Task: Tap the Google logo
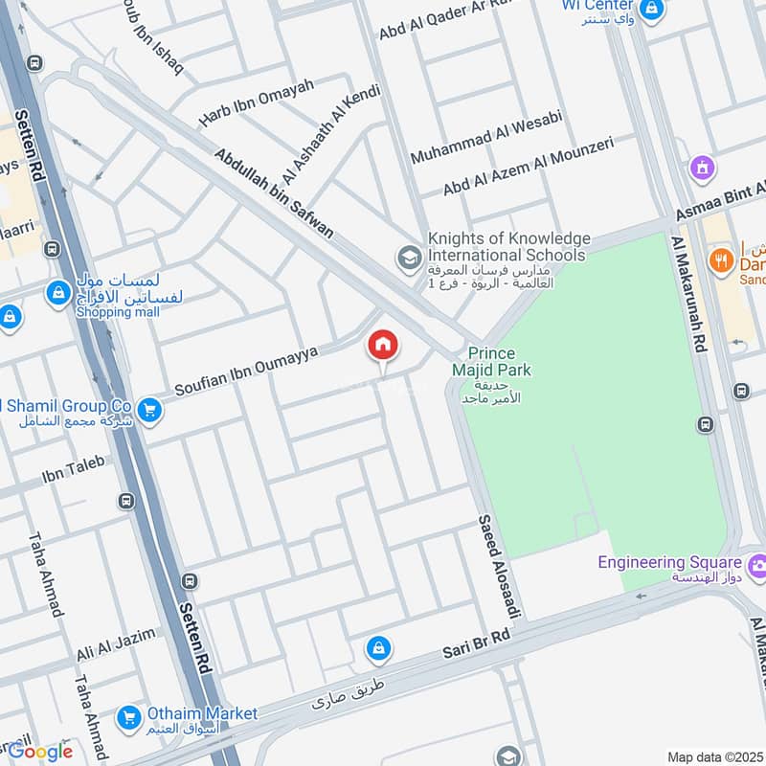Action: pos(40,750)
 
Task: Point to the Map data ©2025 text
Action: pos(714,756)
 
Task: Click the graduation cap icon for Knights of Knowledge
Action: pos(409,258)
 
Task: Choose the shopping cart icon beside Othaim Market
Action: pos(128,716)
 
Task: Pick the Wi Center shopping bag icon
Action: pos(652,11)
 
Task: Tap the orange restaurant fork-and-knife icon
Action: pos(720,259)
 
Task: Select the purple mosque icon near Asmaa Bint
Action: pos(704,169)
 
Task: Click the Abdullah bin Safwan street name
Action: pos(274,192)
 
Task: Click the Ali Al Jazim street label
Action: pos(116,647)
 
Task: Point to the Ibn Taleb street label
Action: pos(73,468)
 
